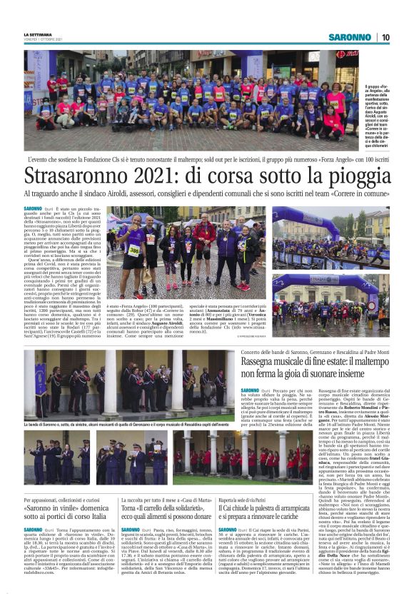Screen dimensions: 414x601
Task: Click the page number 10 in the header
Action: pos(385,37)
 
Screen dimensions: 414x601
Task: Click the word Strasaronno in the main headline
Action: pos(81,175)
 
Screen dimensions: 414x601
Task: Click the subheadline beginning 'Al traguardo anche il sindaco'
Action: pos(206,194)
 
